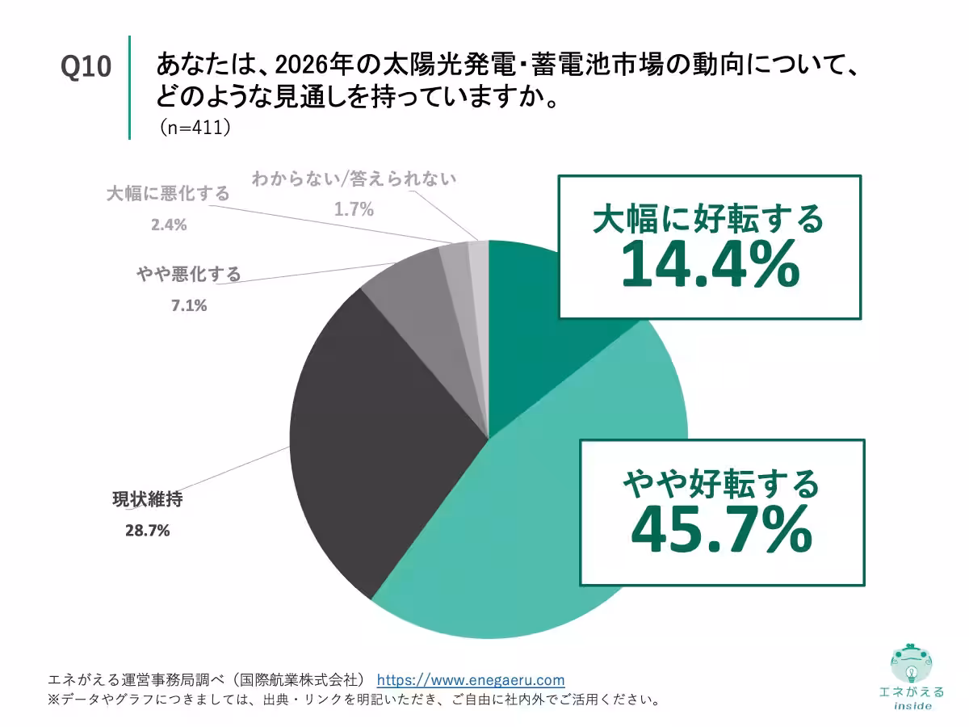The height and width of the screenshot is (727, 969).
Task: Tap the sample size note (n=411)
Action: click(194, 128)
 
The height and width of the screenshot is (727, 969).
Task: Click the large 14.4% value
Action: click(710, 267)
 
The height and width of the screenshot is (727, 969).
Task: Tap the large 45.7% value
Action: click(721, 530)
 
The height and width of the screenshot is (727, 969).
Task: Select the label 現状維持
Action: click(147, 499)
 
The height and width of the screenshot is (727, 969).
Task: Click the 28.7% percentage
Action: click(146, 531)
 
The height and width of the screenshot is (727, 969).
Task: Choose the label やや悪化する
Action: click(188, 275)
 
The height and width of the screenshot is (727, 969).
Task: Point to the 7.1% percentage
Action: click(188, 305)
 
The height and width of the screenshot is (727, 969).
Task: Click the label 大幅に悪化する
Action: click(168, 194)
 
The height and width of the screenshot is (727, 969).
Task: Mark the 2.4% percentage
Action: click(168, 225)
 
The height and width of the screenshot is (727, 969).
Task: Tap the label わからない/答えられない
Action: click(354, 179)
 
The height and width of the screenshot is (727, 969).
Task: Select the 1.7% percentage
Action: click(354, 210)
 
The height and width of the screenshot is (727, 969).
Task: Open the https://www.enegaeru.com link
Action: click(471, 680)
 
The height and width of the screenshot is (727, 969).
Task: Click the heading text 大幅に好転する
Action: click(708, 218)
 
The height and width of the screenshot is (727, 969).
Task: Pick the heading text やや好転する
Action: click(721, 483)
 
